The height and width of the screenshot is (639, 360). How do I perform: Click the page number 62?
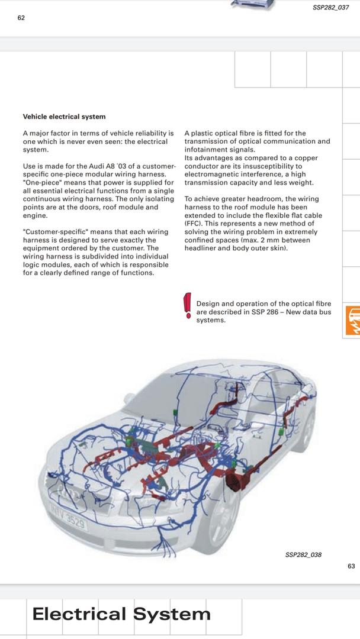click(21, 18)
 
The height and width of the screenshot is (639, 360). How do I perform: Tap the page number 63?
click(351, 566)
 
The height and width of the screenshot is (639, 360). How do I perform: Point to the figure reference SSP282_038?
click(303, 555)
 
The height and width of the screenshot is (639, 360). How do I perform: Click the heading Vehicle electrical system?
click(64, 117)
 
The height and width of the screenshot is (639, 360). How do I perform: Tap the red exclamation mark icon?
click(188, 305)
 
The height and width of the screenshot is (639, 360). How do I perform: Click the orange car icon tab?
click(353, 321)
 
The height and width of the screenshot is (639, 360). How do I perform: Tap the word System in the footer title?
click(172, 614)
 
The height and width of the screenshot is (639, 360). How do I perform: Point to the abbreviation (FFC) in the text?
click(194, 224)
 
